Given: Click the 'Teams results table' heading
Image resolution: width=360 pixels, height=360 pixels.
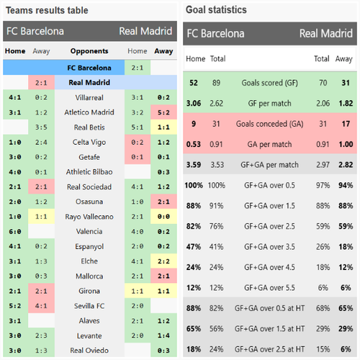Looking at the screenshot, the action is [x=47, y=10].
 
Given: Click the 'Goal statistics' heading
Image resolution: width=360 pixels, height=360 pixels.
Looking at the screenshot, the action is [x=216, y=10].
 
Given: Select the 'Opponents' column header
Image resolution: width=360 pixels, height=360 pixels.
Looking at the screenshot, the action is [x=89, y=51].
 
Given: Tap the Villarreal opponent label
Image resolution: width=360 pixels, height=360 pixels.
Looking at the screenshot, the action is [x=89, y=97].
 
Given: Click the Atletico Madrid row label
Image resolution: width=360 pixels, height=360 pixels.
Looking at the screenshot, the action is [x=89, y=112].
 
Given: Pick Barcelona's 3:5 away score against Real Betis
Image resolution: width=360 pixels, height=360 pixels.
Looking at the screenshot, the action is [x=41, y=127].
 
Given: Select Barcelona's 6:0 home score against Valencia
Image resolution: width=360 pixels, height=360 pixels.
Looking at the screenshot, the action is [x=15, y=232].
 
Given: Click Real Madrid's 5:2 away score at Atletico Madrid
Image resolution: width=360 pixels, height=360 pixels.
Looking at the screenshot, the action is [x=163, y=112].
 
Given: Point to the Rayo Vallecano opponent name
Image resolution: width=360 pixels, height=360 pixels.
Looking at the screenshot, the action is [x=89, y=217].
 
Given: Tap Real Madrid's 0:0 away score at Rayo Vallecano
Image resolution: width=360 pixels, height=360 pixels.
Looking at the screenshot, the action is [x=163, y=217].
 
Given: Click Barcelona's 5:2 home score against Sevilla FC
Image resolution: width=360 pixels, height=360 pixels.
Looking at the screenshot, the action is [x=15, y=306].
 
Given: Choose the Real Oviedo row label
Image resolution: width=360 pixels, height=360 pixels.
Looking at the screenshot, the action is [x=89, y=351].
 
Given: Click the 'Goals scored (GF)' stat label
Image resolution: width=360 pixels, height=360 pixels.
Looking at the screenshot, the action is [x=270, y=83].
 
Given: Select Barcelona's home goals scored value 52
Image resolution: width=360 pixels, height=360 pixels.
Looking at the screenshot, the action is [x=194, y=83].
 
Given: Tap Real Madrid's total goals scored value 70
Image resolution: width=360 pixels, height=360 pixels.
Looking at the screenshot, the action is [x=323, y=83].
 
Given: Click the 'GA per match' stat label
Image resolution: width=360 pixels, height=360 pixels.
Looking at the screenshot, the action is [x=270, y=145].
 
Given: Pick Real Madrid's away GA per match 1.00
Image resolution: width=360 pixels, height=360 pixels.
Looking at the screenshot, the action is [x=346, y=144].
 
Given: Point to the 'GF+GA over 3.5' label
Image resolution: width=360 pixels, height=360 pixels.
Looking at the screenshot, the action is [x=270, y=247].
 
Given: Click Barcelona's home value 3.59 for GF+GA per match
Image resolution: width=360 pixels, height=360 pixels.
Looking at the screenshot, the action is [x=194, y=165].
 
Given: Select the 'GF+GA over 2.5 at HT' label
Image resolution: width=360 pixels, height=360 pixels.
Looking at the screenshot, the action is [x=270, y=349].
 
